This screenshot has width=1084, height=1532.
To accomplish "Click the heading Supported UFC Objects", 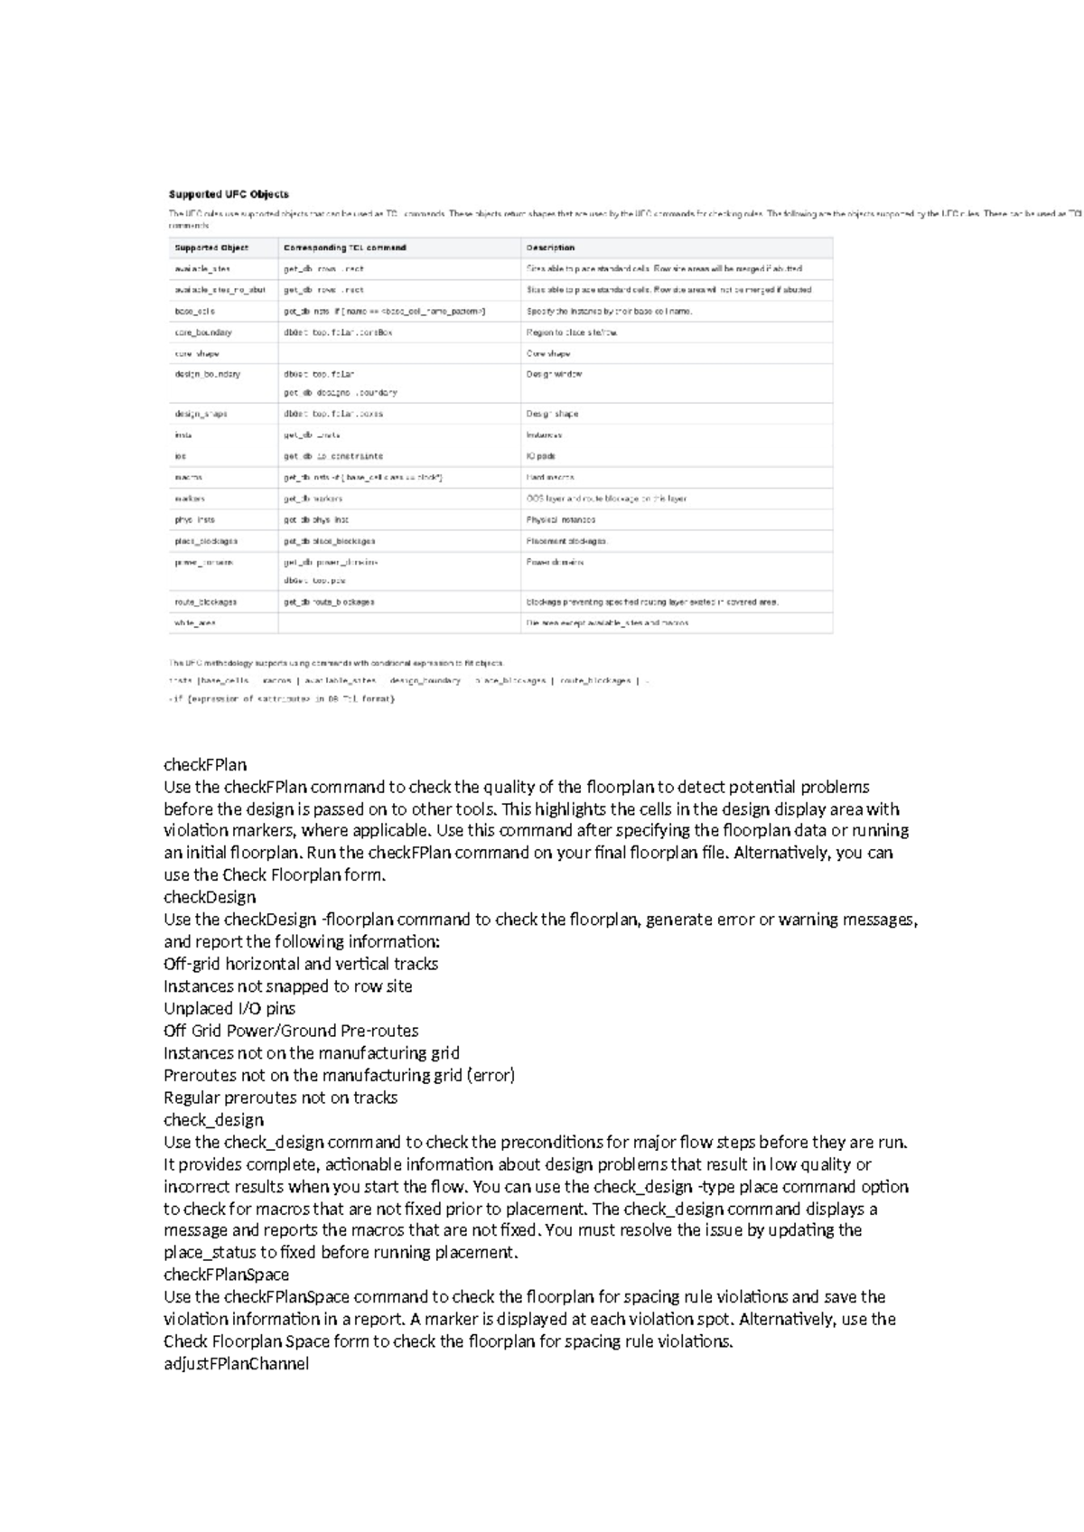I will pyautogui.click(x=229, y=194).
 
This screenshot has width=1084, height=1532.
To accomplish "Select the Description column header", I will pyautogui.click(x=550, y=248).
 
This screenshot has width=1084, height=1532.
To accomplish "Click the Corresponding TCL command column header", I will pyautogui.click(x=344, y=248).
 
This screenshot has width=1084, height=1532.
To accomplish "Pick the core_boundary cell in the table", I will pyautogui.click(x=203, y=332).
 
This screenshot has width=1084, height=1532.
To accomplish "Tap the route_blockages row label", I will pyautogui.click(x=206, y=602).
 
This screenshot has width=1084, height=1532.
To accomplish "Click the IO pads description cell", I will pyautogui.click(x=540, y=456).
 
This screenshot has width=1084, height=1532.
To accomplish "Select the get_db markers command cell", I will pyautogui.click(x=313, y=499).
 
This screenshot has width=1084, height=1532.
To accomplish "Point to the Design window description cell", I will pyautogui.click(x=554, y=374).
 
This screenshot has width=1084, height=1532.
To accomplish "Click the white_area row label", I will pyautogui.click(x=195, y=623).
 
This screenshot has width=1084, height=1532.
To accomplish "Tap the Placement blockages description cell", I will pyautogui.click(x=567, y=541).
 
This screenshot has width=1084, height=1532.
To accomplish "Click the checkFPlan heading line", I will pyautogui.click(x=205, y=765).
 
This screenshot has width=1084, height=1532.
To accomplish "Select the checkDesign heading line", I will pyautogui.click(x=210, y=897).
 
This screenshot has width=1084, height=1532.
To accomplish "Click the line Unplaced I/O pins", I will pyautogui.click(x=229, y=1008).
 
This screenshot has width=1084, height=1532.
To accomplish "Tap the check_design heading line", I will pyautogui.click(x=213, y=1120).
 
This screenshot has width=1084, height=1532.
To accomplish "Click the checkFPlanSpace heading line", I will pyautogui.click(x=227, y=1275).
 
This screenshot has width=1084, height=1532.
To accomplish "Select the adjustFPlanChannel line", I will pyautogui.click(x=236, y=1364).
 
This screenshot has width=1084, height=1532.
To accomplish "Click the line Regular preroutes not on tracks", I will pyautogui.click(x=280, y=1098).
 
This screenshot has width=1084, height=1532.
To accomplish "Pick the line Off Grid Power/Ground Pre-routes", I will pyautogui.click(x=291, y=1031).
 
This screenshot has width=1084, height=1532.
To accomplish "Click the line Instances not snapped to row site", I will pyautogui.click(x=287, y=986).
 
